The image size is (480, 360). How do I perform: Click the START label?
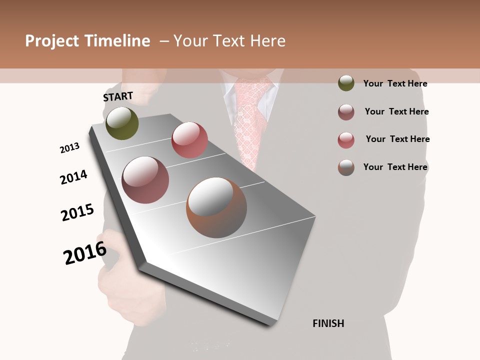118,96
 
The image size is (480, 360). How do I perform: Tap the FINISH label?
328,323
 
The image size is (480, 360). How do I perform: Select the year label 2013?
69,148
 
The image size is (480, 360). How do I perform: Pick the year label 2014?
73,177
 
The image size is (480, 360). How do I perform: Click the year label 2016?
85,253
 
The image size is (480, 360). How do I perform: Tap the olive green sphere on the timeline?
122,123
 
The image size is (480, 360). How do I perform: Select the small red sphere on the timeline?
189,139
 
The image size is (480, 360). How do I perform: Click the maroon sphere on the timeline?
145,180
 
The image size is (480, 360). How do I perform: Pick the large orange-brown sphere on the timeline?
216,207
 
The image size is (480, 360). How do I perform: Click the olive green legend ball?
346,83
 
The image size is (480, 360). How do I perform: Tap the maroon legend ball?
346,112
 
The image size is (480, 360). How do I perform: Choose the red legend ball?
346,140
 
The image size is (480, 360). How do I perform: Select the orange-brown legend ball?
346,167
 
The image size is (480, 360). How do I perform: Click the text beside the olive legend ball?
395,83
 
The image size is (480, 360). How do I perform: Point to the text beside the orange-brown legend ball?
395,167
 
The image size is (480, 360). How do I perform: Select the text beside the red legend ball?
397,139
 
